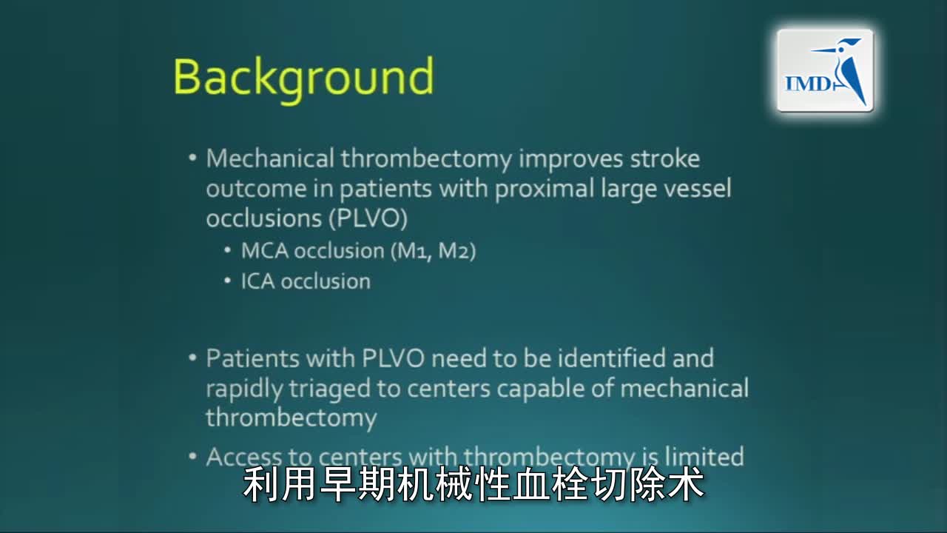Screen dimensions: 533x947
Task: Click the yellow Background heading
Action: coord(303,77)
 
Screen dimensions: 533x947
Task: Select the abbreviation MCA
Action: coord(264,251)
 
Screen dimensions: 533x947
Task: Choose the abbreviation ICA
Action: coord(257,281)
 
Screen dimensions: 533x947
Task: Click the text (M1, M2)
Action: coord(432,251)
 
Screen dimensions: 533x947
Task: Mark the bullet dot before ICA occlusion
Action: coord(228,282)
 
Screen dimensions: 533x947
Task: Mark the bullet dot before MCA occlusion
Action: coord(228,252)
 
